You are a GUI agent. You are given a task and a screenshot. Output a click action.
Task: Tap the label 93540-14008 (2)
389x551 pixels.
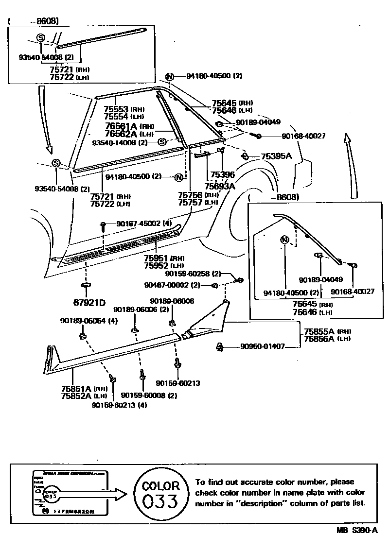(120, 142)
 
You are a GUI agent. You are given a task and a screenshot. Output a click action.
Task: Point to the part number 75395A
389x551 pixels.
(276, 156)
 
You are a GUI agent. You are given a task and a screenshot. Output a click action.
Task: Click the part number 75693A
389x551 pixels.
(220, 186)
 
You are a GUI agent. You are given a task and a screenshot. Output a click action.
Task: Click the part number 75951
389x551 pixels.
(156, 258)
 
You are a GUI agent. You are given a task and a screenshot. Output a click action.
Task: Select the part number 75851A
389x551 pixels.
(76, 388)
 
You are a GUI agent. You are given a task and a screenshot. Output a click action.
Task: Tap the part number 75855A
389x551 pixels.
(319, 331)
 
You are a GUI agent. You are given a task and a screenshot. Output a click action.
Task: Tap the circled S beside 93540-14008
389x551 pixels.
(162, 142)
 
